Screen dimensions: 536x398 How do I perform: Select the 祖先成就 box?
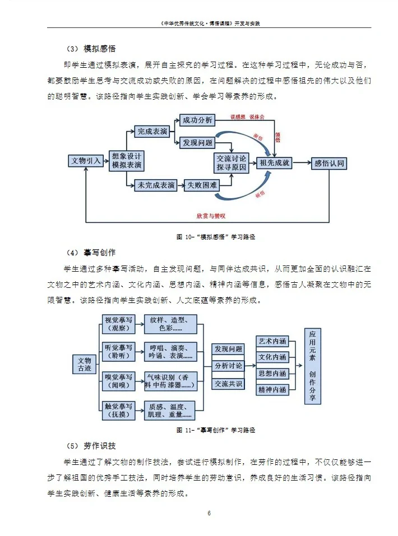pyautogui.click(x=275, y=163)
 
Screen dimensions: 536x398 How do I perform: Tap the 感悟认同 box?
pyautogui.click(x=329, y=163)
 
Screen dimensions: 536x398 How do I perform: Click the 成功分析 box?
pyautogui.click(x=197, y=120)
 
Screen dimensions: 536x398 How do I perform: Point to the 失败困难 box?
pyautogui.click(x=201, y=185)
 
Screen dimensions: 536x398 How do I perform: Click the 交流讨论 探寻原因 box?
pyautogui.click(x=232, y=163)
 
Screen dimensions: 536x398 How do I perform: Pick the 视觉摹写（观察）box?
pyautogui.click(x=119, y=323)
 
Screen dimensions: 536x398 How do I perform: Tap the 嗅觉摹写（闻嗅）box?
pyautogui.click(x=119, y=381)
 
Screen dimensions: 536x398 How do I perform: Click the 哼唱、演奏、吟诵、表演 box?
pyautogui.click(x=169, y=352)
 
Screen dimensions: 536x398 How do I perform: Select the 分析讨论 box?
pyautogui.click(x=228, y=366)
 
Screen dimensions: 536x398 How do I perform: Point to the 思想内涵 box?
pyautogui.click(x=272, y=374)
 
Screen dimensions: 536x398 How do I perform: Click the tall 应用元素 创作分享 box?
pyautogui.click(x=313, y=365)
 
